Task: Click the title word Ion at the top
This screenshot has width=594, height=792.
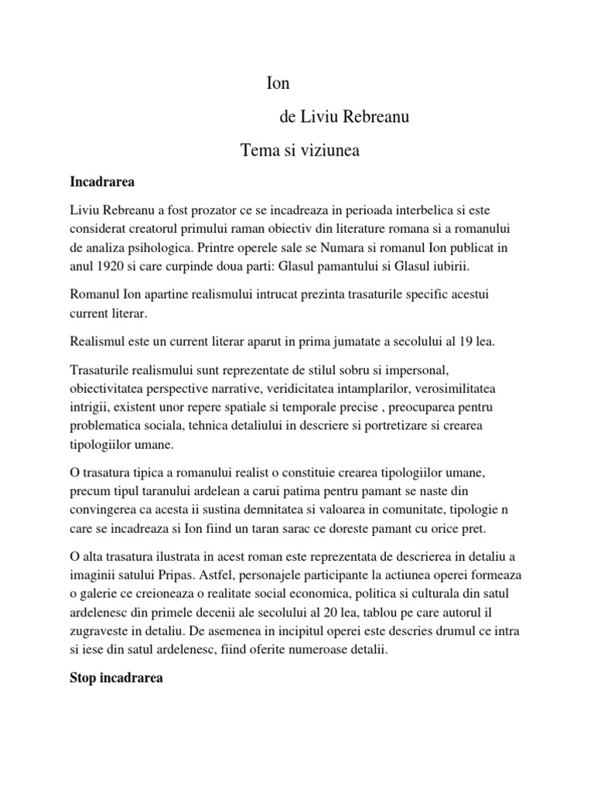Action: tap(278, 84)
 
